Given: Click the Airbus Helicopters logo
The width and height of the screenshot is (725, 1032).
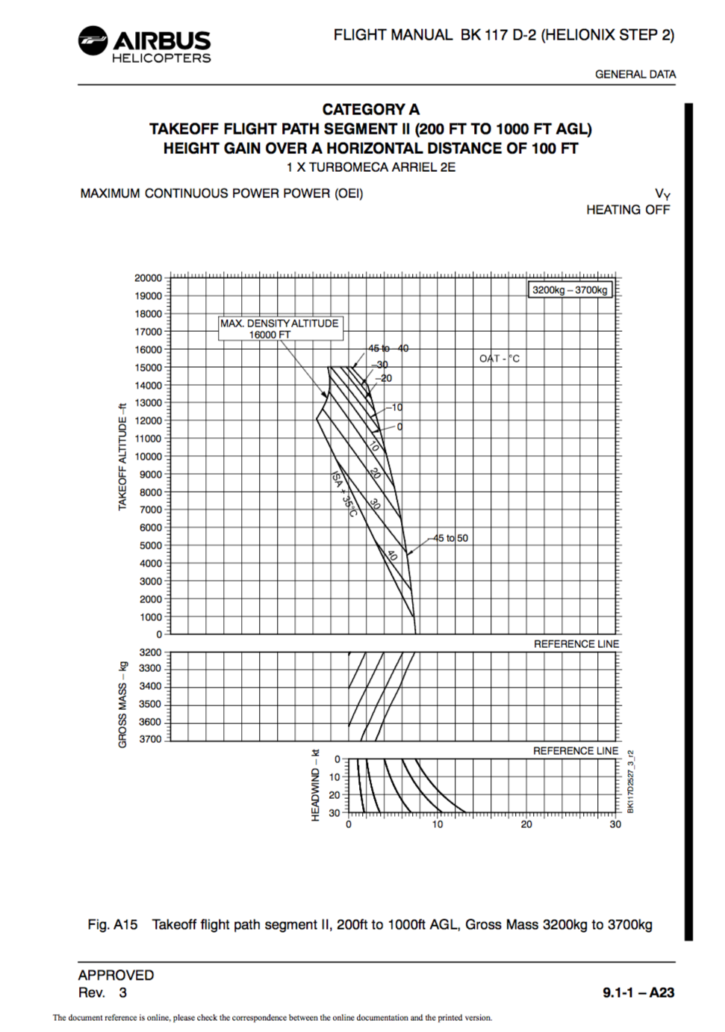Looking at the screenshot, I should pyautogui.click(x=145, y=44).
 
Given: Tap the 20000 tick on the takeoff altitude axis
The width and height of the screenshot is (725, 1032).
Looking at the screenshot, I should pyautogui.click(x=148, y=278).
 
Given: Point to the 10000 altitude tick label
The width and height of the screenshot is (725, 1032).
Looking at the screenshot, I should pyautogui.click(x=148, y=457).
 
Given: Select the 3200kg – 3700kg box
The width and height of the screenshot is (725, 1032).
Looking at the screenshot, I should pyautogui.click(x=570, y=290).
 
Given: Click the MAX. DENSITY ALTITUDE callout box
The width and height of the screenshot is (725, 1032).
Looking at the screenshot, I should pyautogui.click(x=279, y=329).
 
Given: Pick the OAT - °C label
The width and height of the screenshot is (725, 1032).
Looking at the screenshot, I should pyautogui.click(x=500, y=359).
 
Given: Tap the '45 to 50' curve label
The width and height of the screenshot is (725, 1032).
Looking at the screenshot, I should pyautogui.click(x=451, y=538).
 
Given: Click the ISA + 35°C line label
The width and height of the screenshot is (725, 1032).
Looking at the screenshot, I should pyautogui.click(x=344, y=494).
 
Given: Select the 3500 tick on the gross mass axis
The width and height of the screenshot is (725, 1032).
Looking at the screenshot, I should pyautogui.click(x=149, y=704).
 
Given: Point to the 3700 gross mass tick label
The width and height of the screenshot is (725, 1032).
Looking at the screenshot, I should pyautogui.click(x=149, y=739).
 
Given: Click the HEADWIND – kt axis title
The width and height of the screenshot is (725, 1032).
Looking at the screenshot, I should pyautogui.click(x=315, y=785).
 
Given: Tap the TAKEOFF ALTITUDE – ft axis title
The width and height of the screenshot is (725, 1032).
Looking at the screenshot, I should pyautogui.click(x=122, y=457).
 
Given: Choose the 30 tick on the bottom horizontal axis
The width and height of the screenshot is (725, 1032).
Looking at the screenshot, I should pyautogui.click(x=615, y=824).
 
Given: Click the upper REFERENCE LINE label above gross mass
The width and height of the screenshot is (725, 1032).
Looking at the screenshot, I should pyautogui.click(x=576, y=644).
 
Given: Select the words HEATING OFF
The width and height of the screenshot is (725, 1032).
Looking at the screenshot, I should pyautogui.click(x=628, y=210).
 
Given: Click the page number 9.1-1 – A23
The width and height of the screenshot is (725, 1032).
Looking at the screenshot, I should pyautogui.click(x=638, y=992).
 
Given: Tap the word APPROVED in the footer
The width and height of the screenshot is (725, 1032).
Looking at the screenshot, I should pyautogui.click(x=116, y=975).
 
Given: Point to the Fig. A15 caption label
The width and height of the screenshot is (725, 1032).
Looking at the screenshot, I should pyautogui.click(x=113, y=924).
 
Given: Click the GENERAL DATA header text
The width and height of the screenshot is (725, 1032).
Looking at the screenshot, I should pyautogui.click(x=635, y=75).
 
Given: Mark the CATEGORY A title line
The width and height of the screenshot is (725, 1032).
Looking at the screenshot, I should pyautogui.click(x=370, y=110).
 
